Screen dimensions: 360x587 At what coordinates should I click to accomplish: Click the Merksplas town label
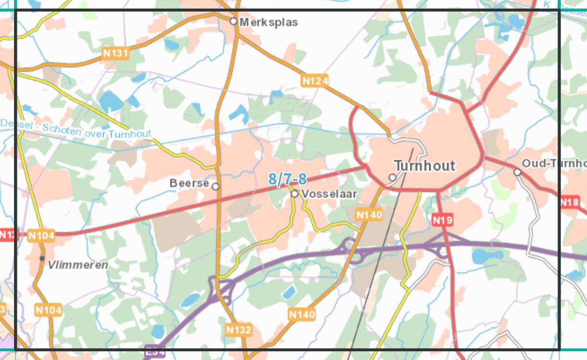[x=268, y=22]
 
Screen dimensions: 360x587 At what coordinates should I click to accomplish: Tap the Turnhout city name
[x=424, y=166]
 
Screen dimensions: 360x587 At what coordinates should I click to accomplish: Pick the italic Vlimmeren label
[x=78, y=265]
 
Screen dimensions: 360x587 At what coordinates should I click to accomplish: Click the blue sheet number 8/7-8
[x=287, y=180]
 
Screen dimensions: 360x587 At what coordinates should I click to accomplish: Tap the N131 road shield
[x=116, y=53]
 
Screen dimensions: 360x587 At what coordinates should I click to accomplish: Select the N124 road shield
[x=315, y=81]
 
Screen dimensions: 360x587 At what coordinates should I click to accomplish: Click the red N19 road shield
[x=442, y=220]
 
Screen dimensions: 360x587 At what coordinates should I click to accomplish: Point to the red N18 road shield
[x=569, y=202]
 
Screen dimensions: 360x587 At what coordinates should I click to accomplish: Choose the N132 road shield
[x=239, y=330]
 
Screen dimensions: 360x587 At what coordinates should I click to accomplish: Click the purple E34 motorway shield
[x=155, y=352]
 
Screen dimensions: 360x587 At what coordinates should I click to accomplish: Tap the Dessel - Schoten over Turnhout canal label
[x=76, y=129]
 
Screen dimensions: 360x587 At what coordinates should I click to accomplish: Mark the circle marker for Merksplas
[x=233, y=21]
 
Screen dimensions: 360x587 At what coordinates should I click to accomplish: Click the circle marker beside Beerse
[x=216, y=186]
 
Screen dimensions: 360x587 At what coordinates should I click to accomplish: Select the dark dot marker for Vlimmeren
[x=42, y=258]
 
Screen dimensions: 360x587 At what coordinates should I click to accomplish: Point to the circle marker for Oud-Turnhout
[x=517, y=172]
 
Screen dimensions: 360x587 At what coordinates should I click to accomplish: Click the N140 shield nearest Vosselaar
[x=369, y=215]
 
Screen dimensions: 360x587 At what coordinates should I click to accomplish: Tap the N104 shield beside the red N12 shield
[x=41, y=235]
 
